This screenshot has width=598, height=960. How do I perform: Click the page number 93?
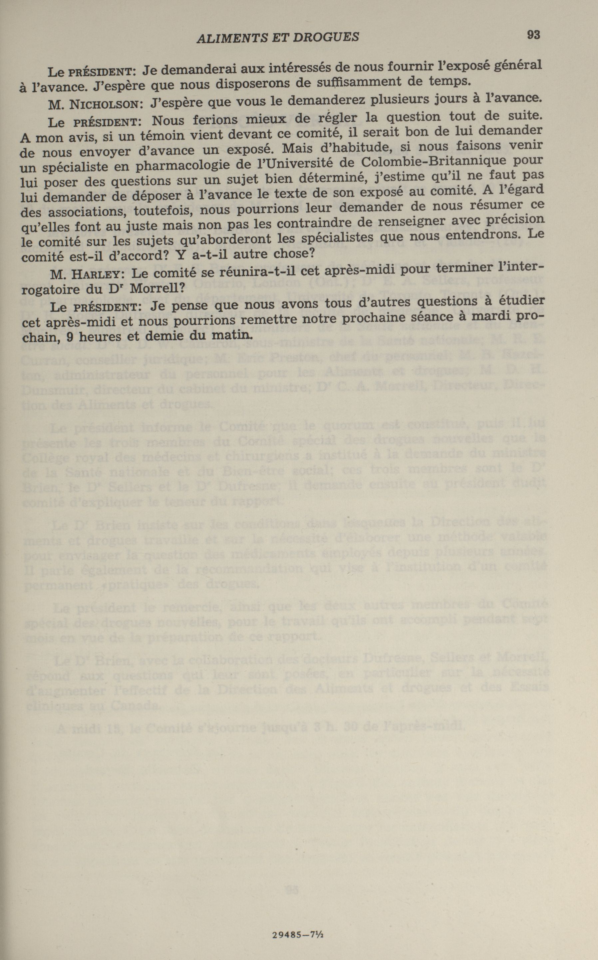pos(533,35)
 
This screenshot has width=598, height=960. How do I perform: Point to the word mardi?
pos(489,316)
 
